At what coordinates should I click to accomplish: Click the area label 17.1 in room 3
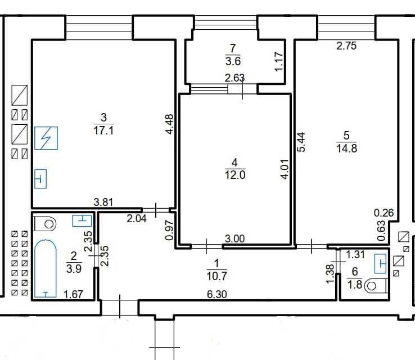(x=103, y=130)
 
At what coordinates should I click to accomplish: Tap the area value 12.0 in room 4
(x=235, y=175)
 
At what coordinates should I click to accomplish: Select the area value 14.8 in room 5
(x=347, y=148)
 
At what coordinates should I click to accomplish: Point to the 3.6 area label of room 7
(x=233, y=61)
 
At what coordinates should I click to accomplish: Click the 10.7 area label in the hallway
(x=216, y=276)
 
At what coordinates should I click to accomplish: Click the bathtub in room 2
(x=46, y=268)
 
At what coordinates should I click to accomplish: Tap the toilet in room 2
(x=45, y=224)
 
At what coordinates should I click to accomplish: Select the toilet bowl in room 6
(x=376, y=286)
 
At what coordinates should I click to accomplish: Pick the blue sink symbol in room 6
(x=380, y=263)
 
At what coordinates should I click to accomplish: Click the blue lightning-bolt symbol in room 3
(x=46, y=138)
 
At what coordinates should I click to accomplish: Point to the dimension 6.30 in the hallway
(x=216, y=294)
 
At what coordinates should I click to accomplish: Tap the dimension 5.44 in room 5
(x=301, y=142)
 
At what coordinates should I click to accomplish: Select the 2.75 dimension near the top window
(x=346, y=46)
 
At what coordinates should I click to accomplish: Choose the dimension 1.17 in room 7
(x=279, y=62)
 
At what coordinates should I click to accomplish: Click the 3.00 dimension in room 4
(x=234, y=238)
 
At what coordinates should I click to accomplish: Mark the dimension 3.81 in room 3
(x=103, y=202)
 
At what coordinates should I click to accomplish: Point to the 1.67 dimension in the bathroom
(x=73, y=294)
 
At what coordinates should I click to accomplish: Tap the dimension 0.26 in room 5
(x=384, y=213)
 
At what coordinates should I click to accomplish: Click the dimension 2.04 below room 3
(x=137, y=219)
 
